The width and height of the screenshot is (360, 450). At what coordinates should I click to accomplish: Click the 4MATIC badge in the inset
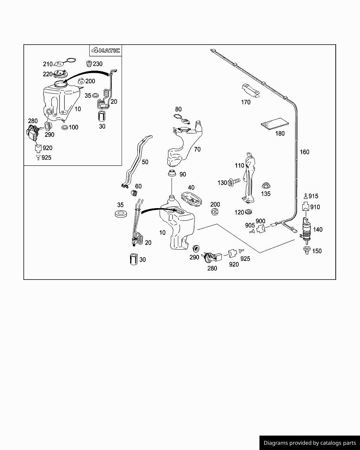pyautogui.click(x=106, y=51)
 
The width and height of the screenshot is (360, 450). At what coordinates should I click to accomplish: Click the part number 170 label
pyautogui.click(x=246, y=102)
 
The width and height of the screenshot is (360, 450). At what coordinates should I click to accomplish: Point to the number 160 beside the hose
pyautogui.click(x=304, y=152)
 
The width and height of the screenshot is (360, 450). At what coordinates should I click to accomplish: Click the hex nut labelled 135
pyautogui.click(x=266, y=186)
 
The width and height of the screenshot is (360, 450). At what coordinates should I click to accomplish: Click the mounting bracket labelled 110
pyautogui.click(x=250, y=178)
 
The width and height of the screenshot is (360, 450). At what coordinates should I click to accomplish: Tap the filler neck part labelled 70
pyautogui.click(x=183, y=144)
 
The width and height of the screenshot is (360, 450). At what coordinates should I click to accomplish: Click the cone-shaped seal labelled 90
pyautogui.click(x=172, y=174)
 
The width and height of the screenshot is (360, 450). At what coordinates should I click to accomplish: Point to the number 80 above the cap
pyautogui.click(x=179, y=109)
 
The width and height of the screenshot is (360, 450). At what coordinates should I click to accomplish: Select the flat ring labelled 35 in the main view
pyautogui.click(x=121, y=213)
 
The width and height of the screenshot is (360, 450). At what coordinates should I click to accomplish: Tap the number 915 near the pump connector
pyautogui.click(x=313, y=196)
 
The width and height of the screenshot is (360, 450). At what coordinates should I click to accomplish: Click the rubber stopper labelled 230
pyautogui.click(x=89, y=64)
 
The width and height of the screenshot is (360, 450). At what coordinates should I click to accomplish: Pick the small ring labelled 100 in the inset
pyautogui.click(x=64, y=127)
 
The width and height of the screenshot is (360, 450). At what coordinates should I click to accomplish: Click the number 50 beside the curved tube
pyautogui.click(x=145, y=162)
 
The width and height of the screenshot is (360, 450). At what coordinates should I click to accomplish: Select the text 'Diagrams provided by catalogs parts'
pyautogui.click(x=310, y=443)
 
